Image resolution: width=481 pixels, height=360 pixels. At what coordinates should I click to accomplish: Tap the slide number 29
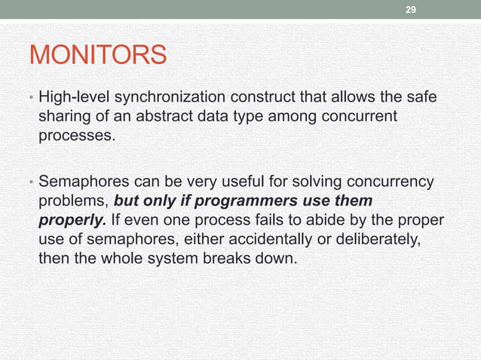[x=410, y=10]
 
